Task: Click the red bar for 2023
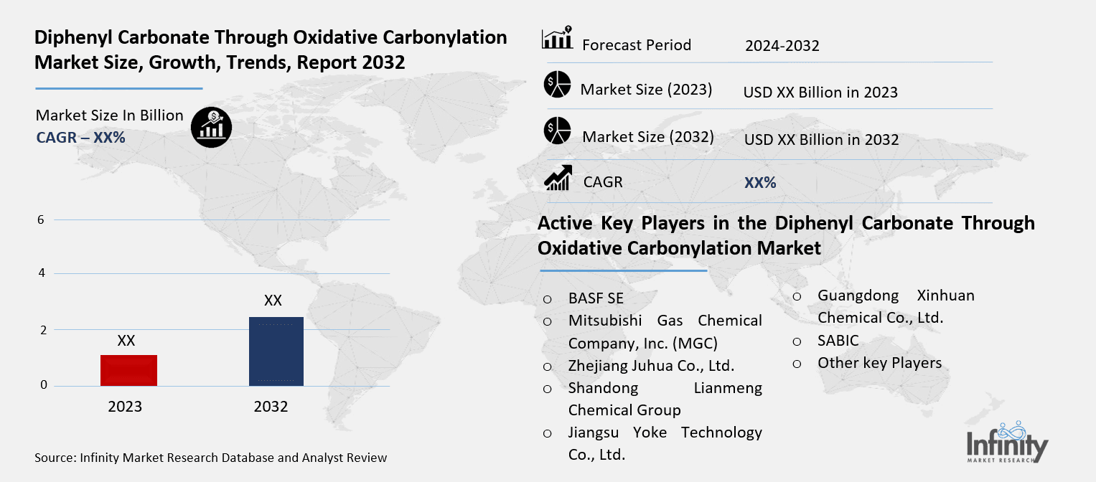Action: pos(129,370)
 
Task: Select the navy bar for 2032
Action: pos(276,351)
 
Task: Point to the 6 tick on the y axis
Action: pos(41,219)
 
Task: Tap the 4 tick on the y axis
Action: pos(41,273)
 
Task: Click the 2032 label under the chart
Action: pos(271,407)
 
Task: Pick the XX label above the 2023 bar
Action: pos(126,341)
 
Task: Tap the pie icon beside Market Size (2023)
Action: pos(557,85)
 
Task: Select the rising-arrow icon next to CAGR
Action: pos(557,179)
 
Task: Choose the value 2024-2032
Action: pos(782,46)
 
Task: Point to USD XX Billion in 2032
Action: pos(821,140)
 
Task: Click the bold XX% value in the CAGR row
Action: pos(760,183)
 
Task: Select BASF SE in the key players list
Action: pos(596,298)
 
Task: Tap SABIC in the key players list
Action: pos(838,341)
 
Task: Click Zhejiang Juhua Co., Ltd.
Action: pos(651,366)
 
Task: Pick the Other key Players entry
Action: pos(879,363)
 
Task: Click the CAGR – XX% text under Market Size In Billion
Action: pos(80,138)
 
